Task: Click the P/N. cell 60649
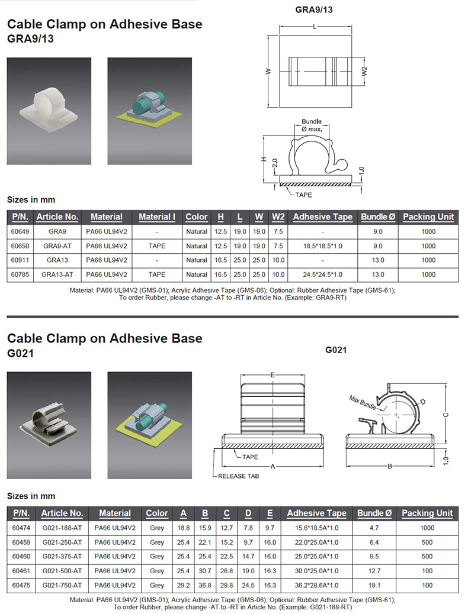[x=20, y=231]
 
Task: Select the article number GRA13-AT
[x=57, y=274]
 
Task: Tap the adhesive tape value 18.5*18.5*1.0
[x=323, y=245]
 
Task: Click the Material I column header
[x=157, y=217]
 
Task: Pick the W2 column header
[x=278, y=217]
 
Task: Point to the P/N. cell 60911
[x=20, y=260]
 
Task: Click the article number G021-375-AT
[x=62, y=557]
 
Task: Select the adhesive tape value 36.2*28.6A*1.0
[x=316, y=585]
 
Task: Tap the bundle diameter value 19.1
[x=377, y=585]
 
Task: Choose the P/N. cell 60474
[x=21, y=528]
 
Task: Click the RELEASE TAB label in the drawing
[x=238, y=476]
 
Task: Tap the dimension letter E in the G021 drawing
[x=272, y=375]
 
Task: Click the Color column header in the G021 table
[x=157, y=513]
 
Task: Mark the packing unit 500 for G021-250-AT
[x=427, y=542]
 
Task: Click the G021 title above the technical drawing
[x=336, y=350]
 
